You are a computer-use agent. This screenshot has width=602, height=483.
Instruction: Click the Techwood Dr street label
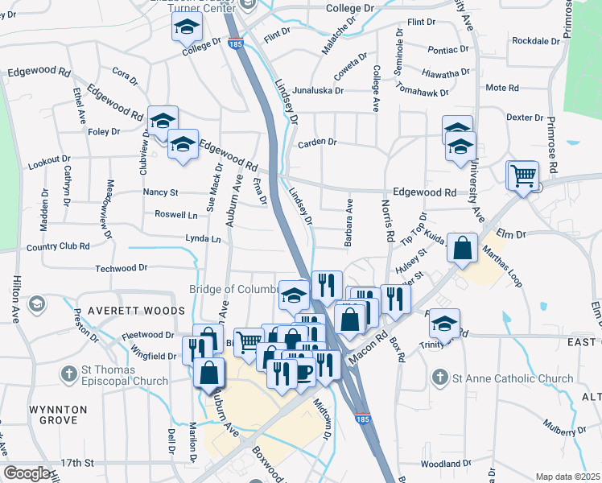coord(122,268)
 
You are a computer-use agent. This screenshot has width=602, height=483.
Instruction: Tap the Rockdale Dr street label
coord(535,40)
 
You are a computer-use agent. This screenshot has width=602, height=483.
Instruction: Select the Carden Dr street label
coord(316,143)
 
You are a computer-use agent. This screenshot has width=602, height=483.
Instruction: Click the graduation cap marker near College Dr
coord(187,29)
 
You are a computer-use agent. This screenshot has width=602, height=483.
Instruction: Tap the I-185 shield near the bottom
coord(362,419)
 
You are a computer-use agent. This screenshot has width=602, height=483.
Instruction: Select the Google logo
coord(28,473)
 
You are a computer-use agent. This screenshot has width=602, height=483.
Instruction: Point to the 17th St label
coord(78,463)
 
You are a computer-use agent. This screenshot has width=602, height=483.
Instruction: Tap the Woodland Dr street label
coord(445,464)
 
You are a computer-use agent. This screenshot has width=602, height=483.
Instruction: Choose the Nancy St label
coord(160,192)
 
